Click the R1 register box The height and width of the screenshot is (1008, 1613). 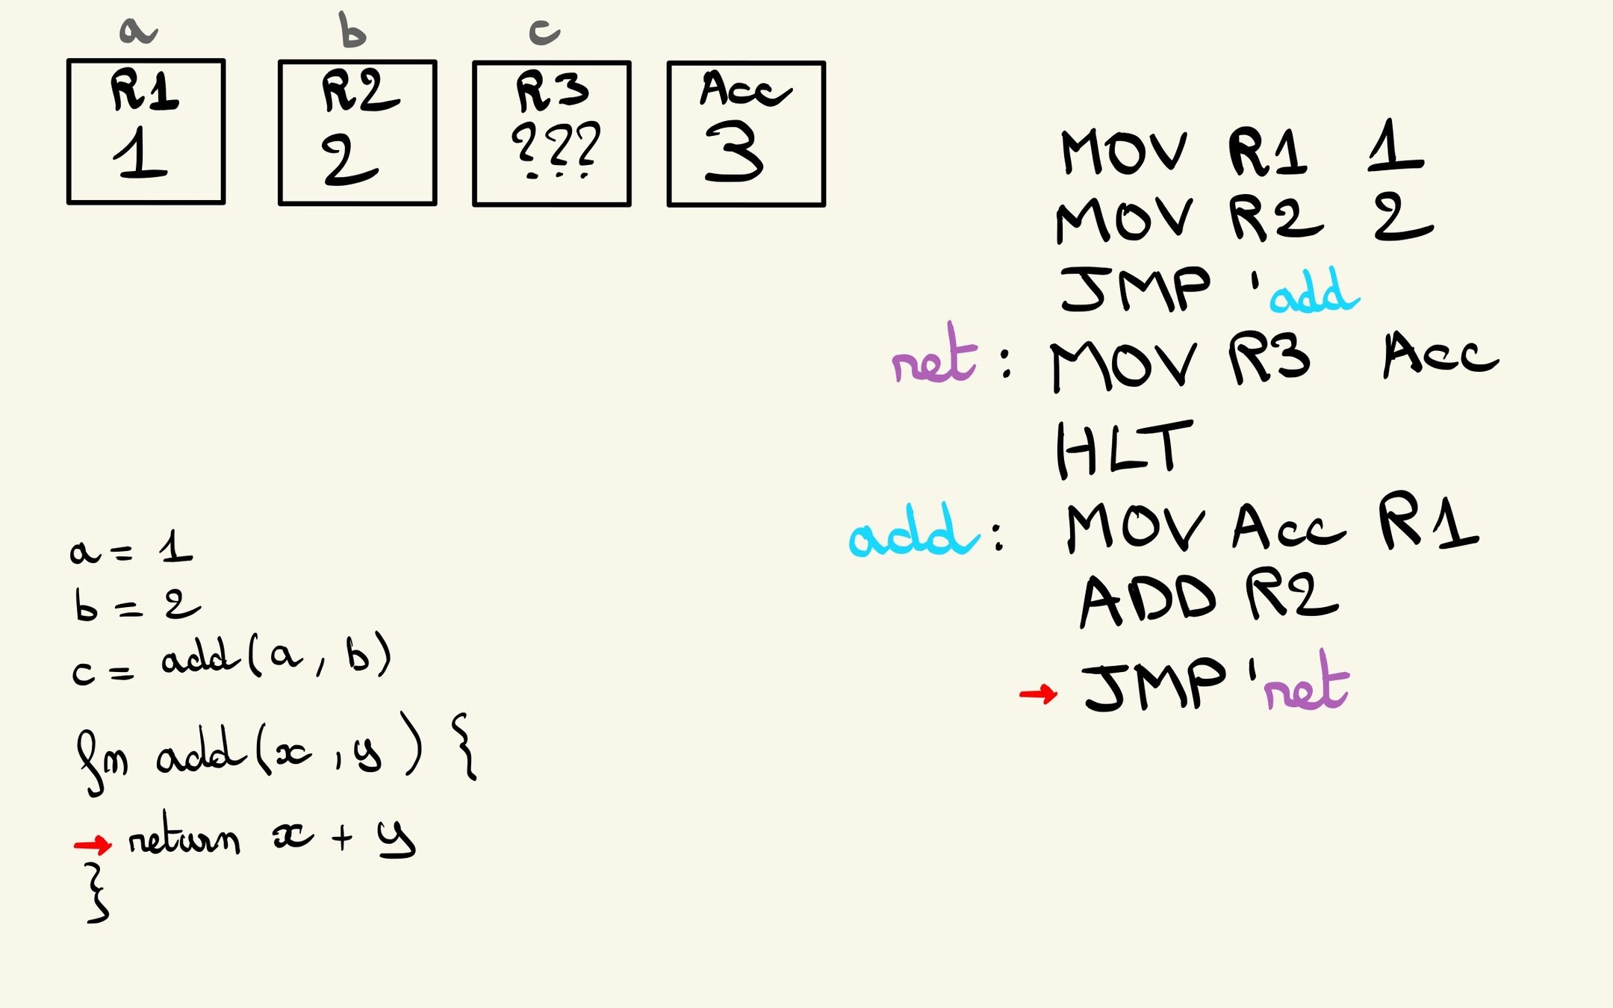pos(146,131)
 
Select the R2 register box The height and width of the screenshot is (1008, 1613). pos(357,133)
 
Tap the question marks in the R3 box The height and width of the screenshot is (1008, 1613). pos(556,148)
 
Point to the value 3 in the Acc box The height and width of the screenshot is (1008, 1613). pos(733,152)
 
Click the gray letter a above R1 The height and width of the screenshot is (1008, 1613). pos(137,31)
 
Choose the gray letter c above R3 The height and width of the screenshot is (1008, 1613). pos(544,32)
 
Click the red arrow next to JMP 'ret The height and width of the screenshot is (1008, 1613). pos(1038,694)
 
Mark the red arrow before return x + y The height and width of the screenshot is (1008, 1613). pos(93,844)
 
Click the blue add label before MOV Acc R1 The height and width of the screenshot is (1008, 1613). pos(913,532)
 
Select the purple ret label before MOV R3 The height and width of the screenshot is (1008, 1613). pos(933,357)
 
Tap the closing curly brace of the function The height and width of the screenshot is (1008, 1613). pos(97,893)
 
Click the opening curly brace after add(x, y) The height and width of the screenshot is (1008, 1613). pos(464,747)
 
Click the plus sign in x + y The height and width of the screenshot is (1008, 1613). pos(342,837)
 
